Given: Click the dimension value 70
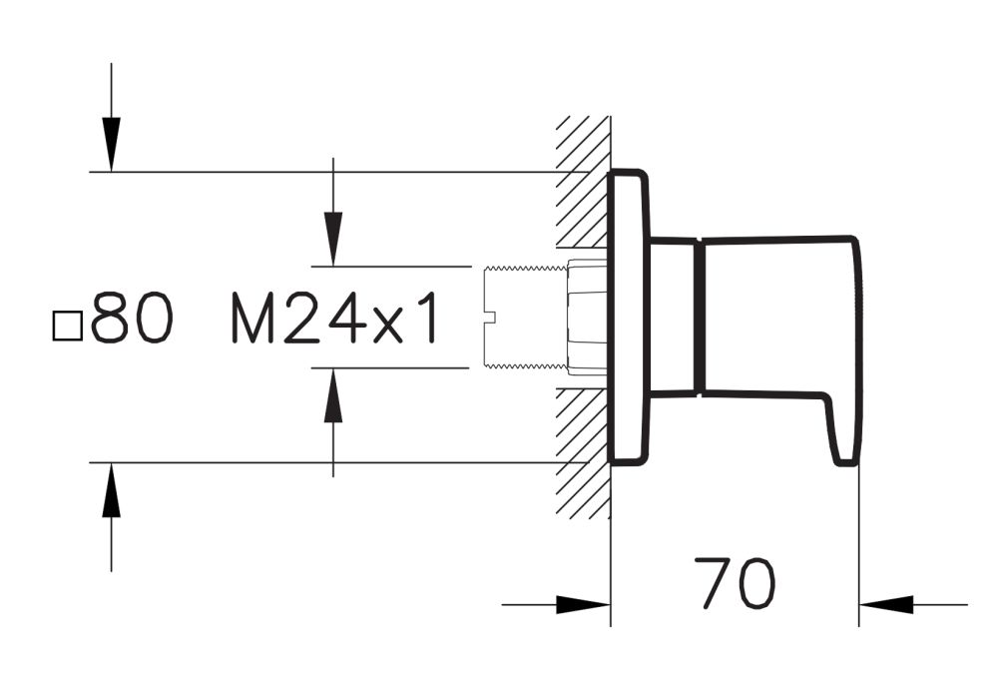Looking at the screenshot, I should point(738,585).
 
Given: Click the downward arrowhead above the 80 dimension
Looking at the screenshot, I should point(111,145).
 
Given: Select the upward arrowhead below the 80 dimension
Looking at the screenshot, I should point(111,491).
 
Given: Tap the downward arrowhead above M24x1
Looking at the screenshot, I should point(333,239).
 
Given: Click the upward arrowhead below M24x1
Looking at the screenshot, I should point(333,395).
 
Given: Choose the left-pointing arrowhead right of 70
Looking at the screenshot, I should point(887,604).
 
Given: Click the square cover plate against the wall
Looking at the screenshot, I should point(629,318).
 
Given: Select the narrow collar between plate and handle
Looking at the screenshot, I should point(675,318).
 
